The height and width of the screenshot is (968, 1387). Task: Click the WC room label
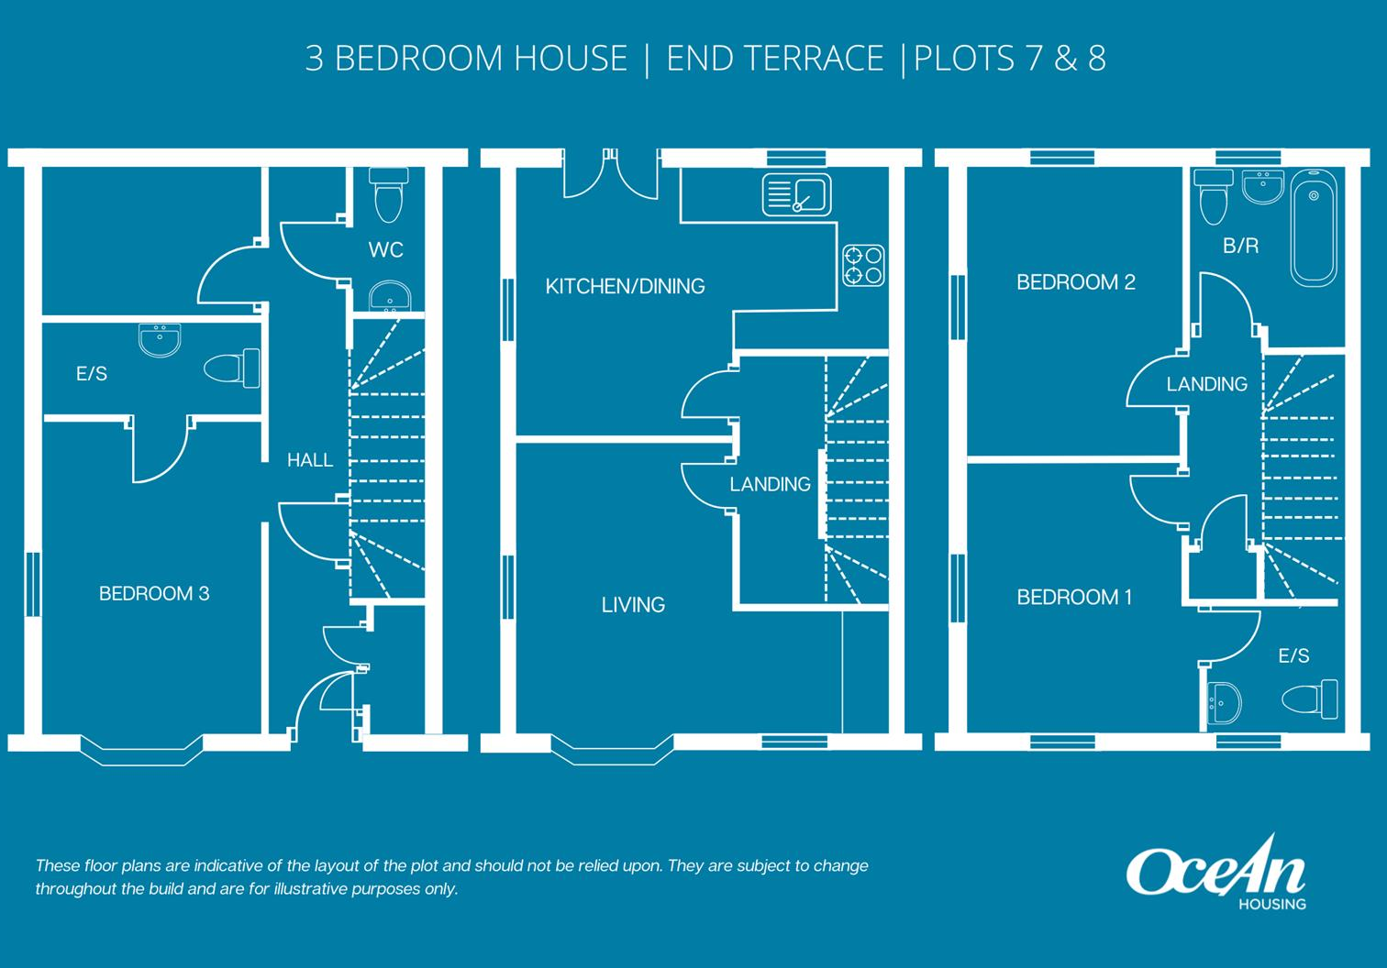coord(385,249)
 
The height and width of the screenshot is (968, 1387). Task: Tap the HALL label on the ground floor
coord(309,460)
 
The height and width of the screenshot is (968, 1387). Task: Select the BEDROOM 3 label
coord(154,594)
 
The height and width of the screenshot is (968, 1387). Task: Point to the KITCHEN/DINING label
coord(625,287)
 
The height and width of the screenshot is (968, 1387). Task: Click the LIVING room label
coord(633,605)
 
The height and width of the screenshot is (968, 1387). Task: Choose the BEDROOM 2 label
coord(1075,282)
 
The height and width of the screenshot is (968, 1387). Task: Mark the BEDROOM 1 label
coord(1074,598)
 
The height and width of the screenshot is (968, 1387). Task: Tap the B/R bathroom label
coord(1240,246)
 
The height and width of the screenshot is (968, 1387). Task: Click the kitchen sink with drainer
coord(796,194)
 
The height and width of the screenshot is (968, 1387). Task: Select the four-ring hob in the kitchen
coord(863,265)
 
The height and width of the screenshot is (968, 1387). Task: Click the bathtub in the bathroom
coord(1314,228)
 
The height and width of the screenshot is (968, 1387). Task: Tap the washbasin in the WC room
coord(390,297)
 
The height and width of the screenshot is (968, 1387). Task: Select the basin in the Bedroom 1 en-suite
coord(1225,703)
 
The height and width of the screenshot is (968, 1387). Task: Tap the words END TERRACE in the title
coord(774,59)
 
